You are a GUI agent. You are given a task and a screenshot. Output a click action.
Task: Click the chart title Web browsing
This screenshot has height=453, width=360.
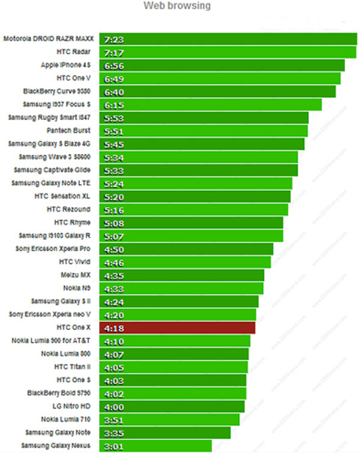point(177,6)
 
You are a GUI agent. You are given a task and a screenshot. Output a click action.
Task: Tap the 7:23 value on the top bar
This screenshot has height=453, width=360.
point(114,39)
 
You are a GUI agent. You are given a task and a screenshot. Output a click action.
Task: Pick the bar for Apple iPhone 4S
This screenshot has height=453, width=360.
point(222,65)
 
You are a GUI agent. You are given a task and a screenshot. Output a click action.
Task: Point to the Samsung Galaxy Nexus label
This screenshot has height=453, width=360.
point(56,445)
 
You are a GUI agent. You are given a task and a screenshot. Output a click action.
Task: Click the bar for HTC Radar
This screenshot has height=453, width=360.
point(228,52)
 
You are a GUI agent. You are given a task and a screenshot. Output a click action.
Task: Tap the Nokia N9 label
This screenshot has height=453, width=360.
point(77,288)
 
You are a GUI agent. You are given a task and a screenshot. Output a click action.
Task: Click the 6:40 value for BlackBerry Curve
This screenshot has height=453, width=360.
point(114,92)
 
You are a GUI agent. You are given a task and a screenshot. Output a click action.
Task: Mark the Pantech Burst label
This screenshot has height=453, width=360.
point(69,131)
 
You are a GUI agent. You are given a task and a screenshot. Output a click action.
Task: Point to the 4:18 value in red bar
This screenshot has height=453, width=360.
point(114,328)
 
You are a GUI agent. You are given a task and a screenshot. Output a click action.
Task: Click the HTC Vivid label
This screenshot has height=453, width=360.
point(74,262)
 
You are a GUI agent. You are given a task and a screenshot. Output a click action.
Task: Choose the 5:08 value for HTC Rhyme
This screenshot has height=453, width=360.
point(114,223)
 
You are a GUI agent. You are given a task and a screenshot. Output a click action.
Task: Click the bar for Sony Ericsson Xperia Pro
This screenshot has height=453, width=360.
point(186,248)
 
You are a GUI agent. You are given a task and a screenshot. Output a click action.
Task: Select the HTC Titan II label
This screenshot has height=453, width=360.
point(72,367)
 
